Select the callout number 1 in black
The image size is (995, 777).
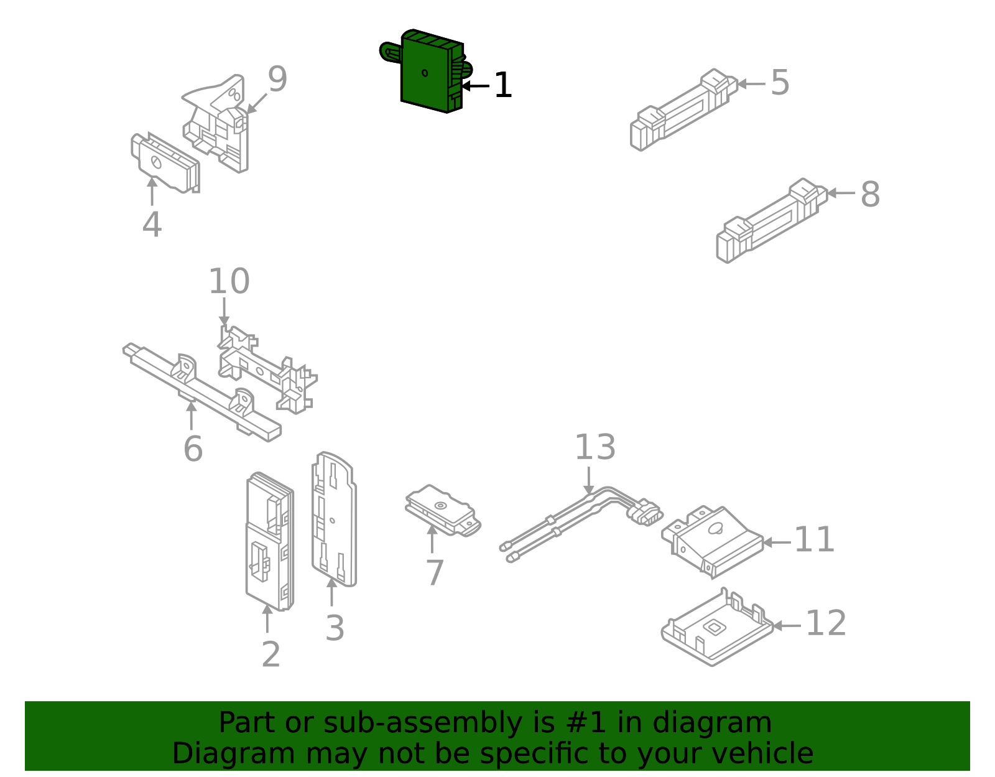pyautogui.click(x=502, y=85)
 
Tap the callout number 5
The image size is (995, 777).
pyautogui.click(x=780, y=83)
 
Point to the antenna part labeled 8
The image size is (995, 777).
pyautogui.click(x=771, y=221)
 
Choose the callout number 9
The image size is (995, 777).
pyautogui.click(x=277, y=80)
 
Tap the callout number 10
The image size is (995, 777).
pyautogui.click(x=229, y=281)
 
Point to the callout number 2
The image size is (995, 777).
pyautogui.click(x=271, y=654)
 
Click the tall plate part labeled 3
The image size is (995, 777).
pyautogui.click(x=334, y=519)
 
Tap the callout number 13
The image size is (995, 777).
pyautogui.click(x=595, y=447)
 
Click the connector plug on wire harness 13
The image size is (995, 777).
pyautogui.click(x=644, y=513)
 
